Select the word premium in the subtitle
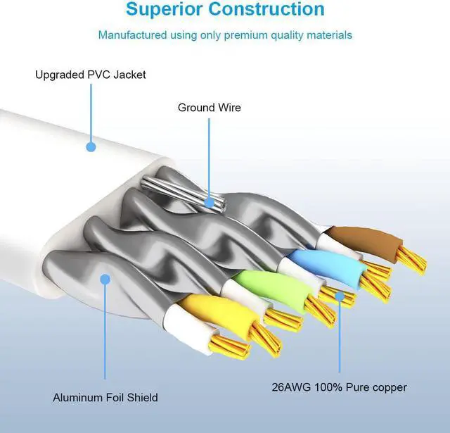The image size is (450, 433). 245,34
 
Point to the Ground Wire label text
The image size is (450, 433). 209,108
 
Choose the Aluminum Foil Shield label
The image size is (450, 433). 105,398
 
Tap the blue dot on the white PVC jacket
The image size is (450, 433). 91,147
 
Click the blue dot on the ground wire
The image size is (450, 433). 209,202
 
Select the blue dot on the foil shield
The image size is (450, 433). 105,280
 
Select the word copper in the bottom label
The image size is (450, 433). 390,387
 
